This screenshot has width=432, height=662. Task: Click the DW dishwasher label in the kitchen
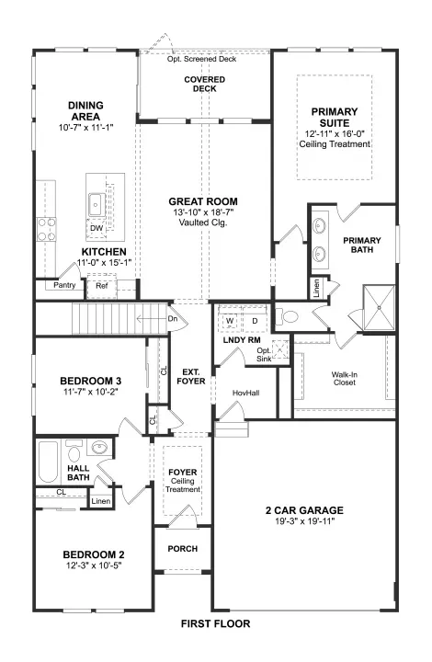point(97,228)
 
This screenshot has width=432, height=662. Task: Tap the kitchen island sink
point(97,205)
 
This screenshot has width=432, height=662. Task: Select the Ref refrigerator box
point(101,286)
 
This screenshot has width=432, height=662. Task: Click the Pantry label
point(64,285)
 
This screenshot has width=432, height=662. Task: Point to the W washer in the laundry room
point(230,321)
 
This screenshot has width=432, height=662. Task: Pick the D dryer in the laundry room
point(255,321)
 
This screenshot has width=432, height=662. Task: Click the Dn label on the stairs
point(173,319)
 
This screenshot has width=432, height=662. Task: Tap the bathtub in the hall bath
point(48,462)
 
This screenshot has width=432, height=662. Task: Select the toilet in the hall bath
point(74,451)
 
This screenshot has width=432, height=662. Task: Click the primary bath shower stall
point(379,307)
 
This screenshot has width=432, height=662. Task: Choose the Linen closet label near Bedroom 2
point(101,501)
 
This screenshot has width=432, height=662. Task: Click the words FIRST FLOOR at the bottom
point(216,623)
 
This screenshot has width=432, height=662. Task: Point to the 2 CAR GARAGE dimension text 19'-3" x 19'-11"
point(304,521)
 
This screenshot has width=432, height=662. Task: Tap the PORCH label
point(183,549)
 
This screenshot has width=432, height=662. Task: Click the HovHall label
point(246,394)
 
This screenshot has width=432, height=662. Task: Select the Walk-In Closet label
point(345,378)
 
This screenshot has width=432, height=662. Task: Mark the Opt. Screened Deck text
point(201,59)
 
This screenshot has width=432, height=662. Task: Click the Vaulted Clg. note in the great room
point(203,223)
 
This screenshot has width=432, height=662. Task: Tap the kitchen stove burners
point(46,229)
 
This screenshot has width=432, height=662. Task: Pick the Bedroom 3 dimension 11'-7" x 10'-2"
point(91,392)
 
